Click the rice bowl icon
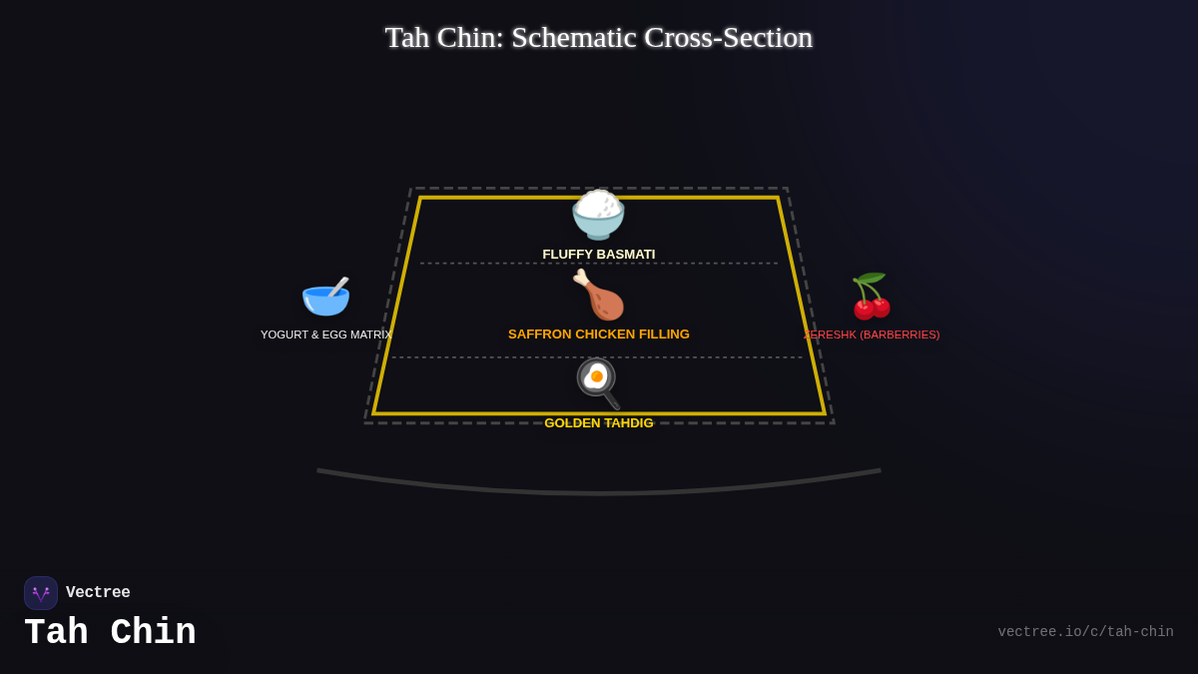point(598,215)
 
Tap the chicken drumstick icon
point(598,295)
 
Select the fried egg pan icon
point(598,382)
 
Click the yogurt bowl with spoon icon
point(325,297)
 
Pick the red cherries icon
point(871,297)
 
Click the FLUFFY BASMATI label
point(598,255)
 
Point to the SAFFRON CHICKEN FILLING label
point(598,335)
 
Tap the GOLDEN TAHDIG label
point(598,423)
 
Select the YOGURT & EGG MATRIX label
point(325,335)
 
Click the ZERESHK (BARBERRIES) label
point(872,335)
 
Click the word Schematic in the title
point(573,38)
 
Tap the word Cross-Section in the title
point(728,38)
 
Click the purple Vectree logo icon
point(41,593)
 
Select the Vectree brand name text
point(98,593)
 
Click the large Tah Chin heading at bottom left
point(110,633)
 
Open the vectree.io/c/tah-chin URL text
point(1085,632)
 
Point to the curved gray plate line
point(599,491)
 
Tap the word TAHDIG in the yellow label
point(628,423)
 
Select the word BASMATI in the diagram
point(624,255)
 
